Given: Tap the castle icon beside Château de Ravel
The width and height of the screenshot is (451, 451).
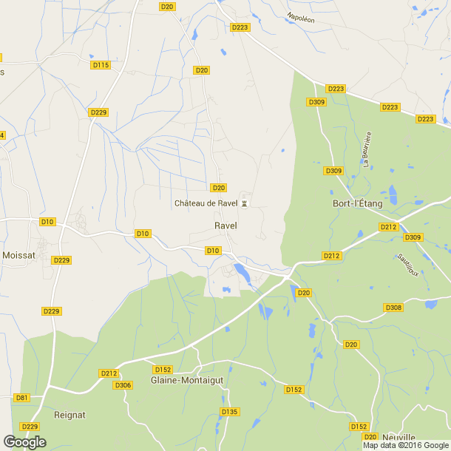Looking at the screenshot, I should [x=245, y=203].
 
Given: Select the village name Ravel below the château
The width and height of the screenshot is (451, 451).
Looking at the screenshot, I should [x=225, y=225].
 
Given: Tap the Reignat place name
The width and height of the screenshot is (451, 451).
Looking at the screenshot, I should [x=71, y=415].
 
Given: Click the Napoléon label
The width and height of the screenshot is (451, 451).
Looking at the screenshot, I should [x=301, y=18].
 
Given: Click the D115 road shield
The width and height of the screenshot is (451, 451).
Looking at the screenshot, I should [x=101, y=65].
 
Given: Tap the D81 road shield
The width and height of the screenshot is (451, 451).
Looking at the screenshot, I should [x=21, y=398].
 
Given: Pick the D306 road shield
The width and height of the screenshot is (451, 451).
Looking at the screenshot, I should [x=123, y=384].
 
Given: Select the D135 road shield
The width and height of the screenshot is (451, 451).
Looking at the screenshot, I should [x=230, y=412].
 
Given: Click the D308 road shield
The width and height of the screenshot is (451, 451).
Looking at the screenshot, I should [x=393, y=307].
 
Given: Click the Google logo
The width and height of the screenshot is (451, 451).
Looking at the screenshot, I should [x=24, y=442].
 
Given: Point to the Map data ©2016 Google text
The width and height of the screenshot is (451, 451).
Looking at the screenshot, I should [x=405, y=445].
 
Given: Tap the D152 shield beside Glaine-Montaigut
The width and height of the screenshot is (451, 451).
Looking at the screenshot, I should [x=163, y=370].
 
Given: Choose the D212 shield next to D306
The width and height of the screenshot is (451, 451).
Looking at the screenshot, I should [x=109, y=373].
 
